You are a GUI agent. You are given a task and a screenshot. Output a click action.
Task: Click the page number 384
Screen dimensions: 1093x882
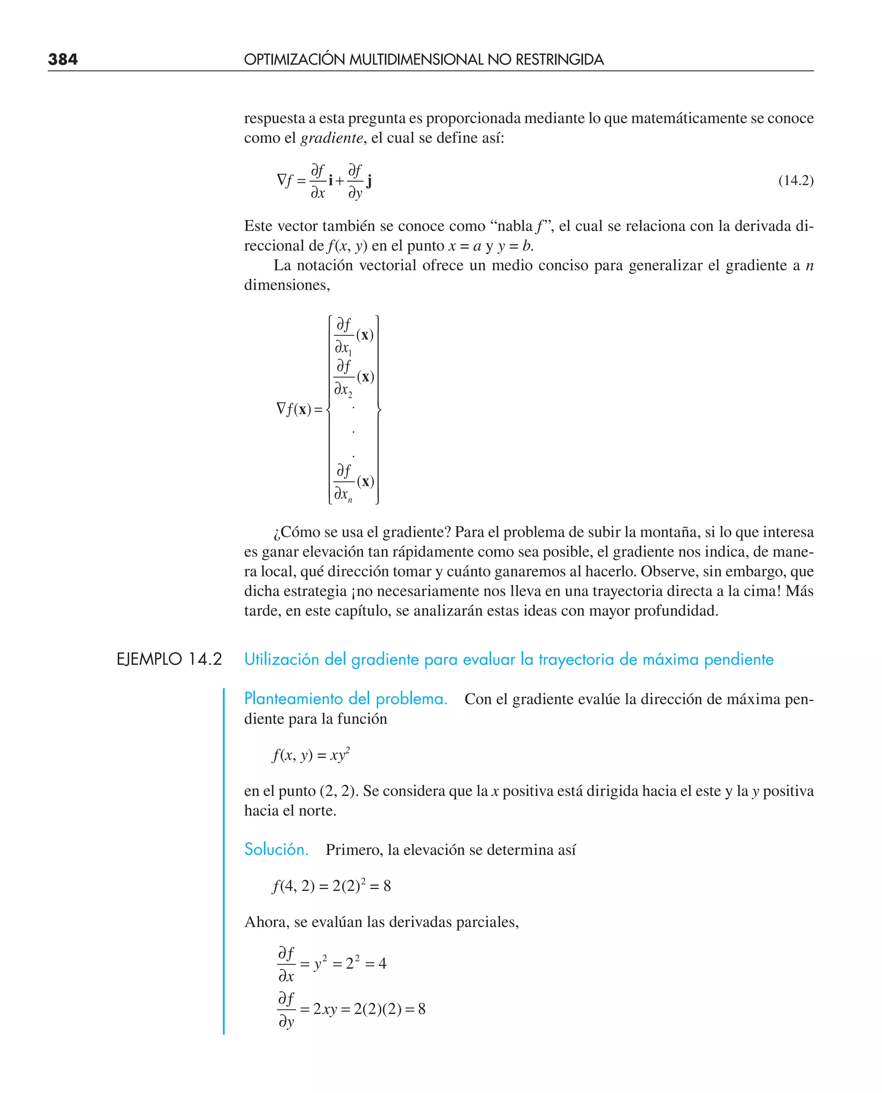point(63,59)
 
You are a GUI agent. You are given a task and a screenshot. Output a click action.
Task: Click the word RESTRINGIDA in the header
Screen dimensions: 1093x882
point(559,59)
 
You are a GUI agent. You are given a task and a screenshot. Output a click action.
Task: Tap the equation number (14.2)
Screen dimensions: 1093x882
point(795,181)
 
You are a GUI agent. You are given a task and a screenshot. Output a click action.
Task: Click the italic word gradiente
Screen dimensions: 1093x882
point(332,138)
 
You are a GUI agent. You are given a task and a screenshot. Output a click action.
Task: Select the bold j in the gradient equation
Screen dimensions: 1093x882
point(370,181)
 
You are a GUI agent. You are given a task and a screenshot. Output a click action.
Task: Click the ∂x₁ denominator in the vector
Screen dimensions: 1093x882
point(343,348)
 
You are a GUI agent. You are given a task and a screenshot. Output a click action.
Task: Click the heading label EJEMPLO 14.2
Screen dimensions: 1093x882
point(169,659)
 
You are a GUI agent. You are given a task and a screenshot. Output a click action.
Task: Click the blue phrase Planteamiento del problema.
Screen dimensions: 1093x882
point(345,699)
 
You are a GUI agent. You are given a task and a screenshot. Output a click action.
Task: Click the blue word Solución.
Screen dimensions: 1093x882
point(276,849)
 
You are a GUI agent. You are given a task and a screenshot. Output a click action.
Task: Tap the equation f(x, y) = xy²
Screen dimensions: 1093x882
point(311,756)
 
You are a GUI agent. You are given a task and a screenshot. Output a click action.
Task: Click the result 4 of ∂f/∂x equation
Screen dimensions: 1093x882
point(382,964)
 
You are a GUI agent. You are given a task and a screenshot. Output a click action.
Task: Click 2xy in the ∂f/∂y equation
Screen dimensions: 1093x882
point(325,1009)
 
